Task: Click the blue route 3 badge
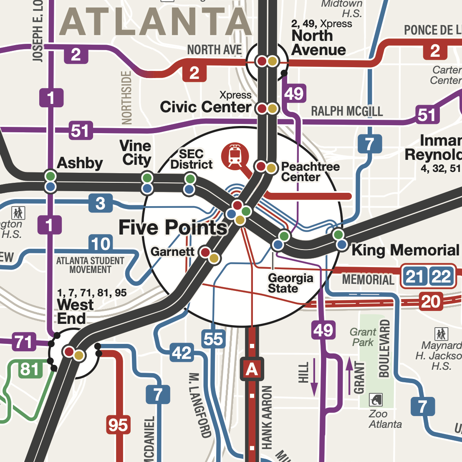100,204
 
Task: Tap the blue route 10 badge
101,244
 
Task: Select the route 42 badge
182,353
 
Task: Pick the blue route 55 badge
213,339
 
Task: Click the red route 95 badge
118,425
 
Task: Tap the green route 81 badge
30,369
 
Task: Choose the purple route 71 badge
23,342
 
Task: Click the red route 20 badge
431,301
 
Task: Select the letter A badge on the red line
252,369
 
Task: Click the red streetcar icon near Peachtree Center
235,156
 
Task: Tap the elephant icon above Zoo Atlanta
376,400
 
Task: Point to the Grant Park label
363,337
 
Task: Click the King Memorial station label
405,250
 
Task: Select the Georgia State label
290,283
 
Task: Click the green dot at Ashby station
50,176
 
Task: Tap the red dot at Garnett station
205,252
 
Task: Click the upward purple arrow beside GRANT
349,376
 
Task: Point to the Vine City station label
135,153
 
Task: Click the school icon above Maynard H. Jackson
441,334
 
